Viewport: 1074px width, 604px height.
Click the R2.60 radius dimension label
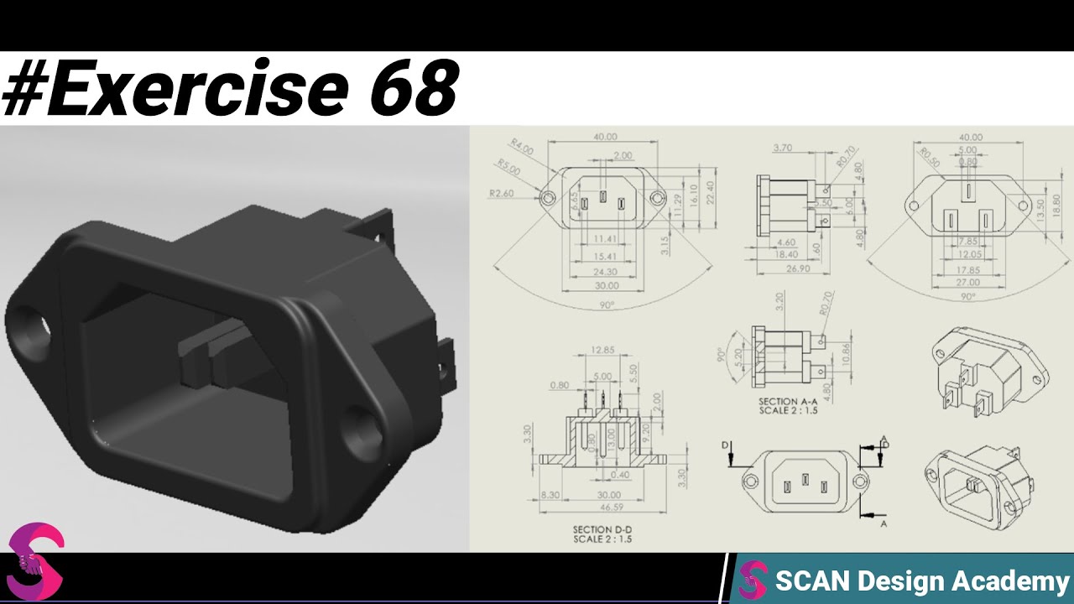(501, 193)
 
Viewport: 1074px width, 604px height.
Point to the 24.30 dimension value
(604, 272)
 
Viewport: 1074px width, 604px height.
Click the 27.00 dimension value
(967, 283)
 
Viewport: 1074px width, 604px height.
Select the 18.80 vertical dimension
(1056, 202)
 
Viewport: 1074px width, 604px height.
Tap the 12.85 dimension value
(602, 350)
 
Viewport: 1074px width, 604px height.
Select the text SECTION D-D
(602, 529)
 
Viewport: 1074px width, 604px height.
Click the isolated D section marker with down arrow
(729, 453)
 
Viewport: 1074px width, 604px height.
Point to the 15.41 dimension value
(604, 256)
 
